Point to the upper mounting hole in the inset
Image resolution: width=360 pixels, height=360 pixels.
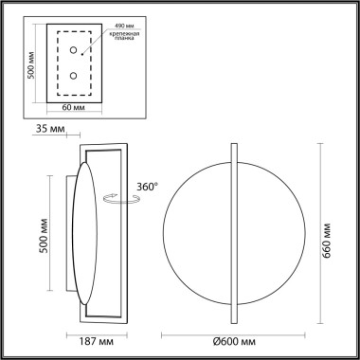[74, 52]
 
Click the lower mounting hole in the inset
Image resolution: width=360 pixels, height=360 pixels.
[74, 75]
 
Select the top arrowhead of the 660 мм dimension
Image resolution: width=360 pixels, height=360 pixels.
[315, 148]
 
